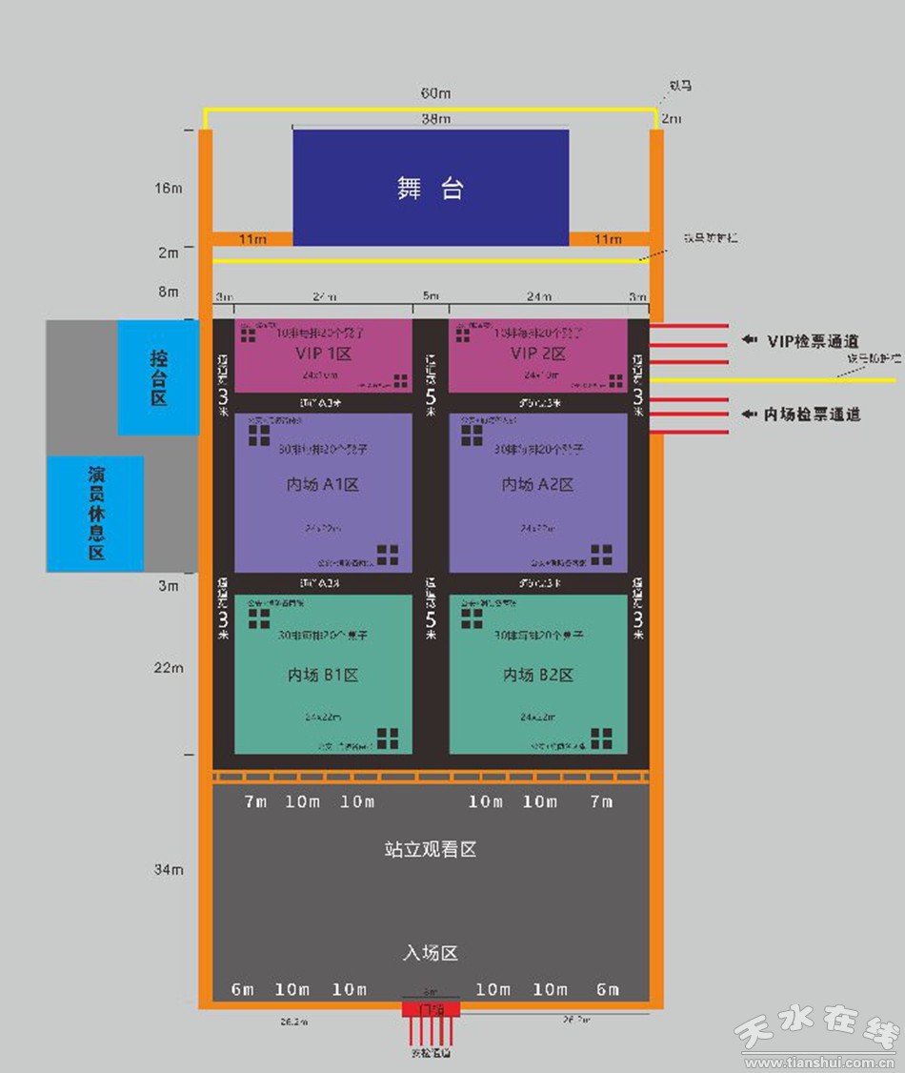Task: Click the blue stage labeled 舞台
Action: (x=431, y=188)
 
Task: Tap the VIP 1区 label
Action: (x=324, y=354)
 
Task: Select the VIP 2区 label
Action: (x=538, y=354)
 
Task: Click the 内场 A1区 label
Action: (x=324, y=485)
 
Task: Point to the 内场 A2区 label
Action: (x=538, y=485)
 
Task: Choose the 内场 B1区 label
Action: (x=324, y=675)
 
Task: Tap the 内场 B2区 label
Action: (x=538, y=675)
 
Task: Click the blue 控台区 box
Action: (x=158, y=377)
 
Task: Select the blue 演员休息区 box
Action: (x=96, y=513)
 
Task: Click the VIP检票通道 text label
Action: (x=814, y=340)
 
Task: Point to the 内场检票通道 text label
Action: (x=814, y=414)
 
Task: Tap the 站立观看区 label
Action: (x=430, y=849)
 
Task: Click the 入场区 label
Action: (x=430, y=952)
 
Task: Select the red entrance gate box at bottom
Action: (x=431, y=1008)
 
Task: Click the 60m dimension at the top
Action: (x=435, y=93)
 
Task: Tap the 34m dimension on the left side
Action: (x=169, y=869)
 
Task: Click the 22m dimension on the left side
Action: (x=169, y=667)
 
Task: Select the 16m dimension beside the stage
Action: (x=169, y=188)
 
